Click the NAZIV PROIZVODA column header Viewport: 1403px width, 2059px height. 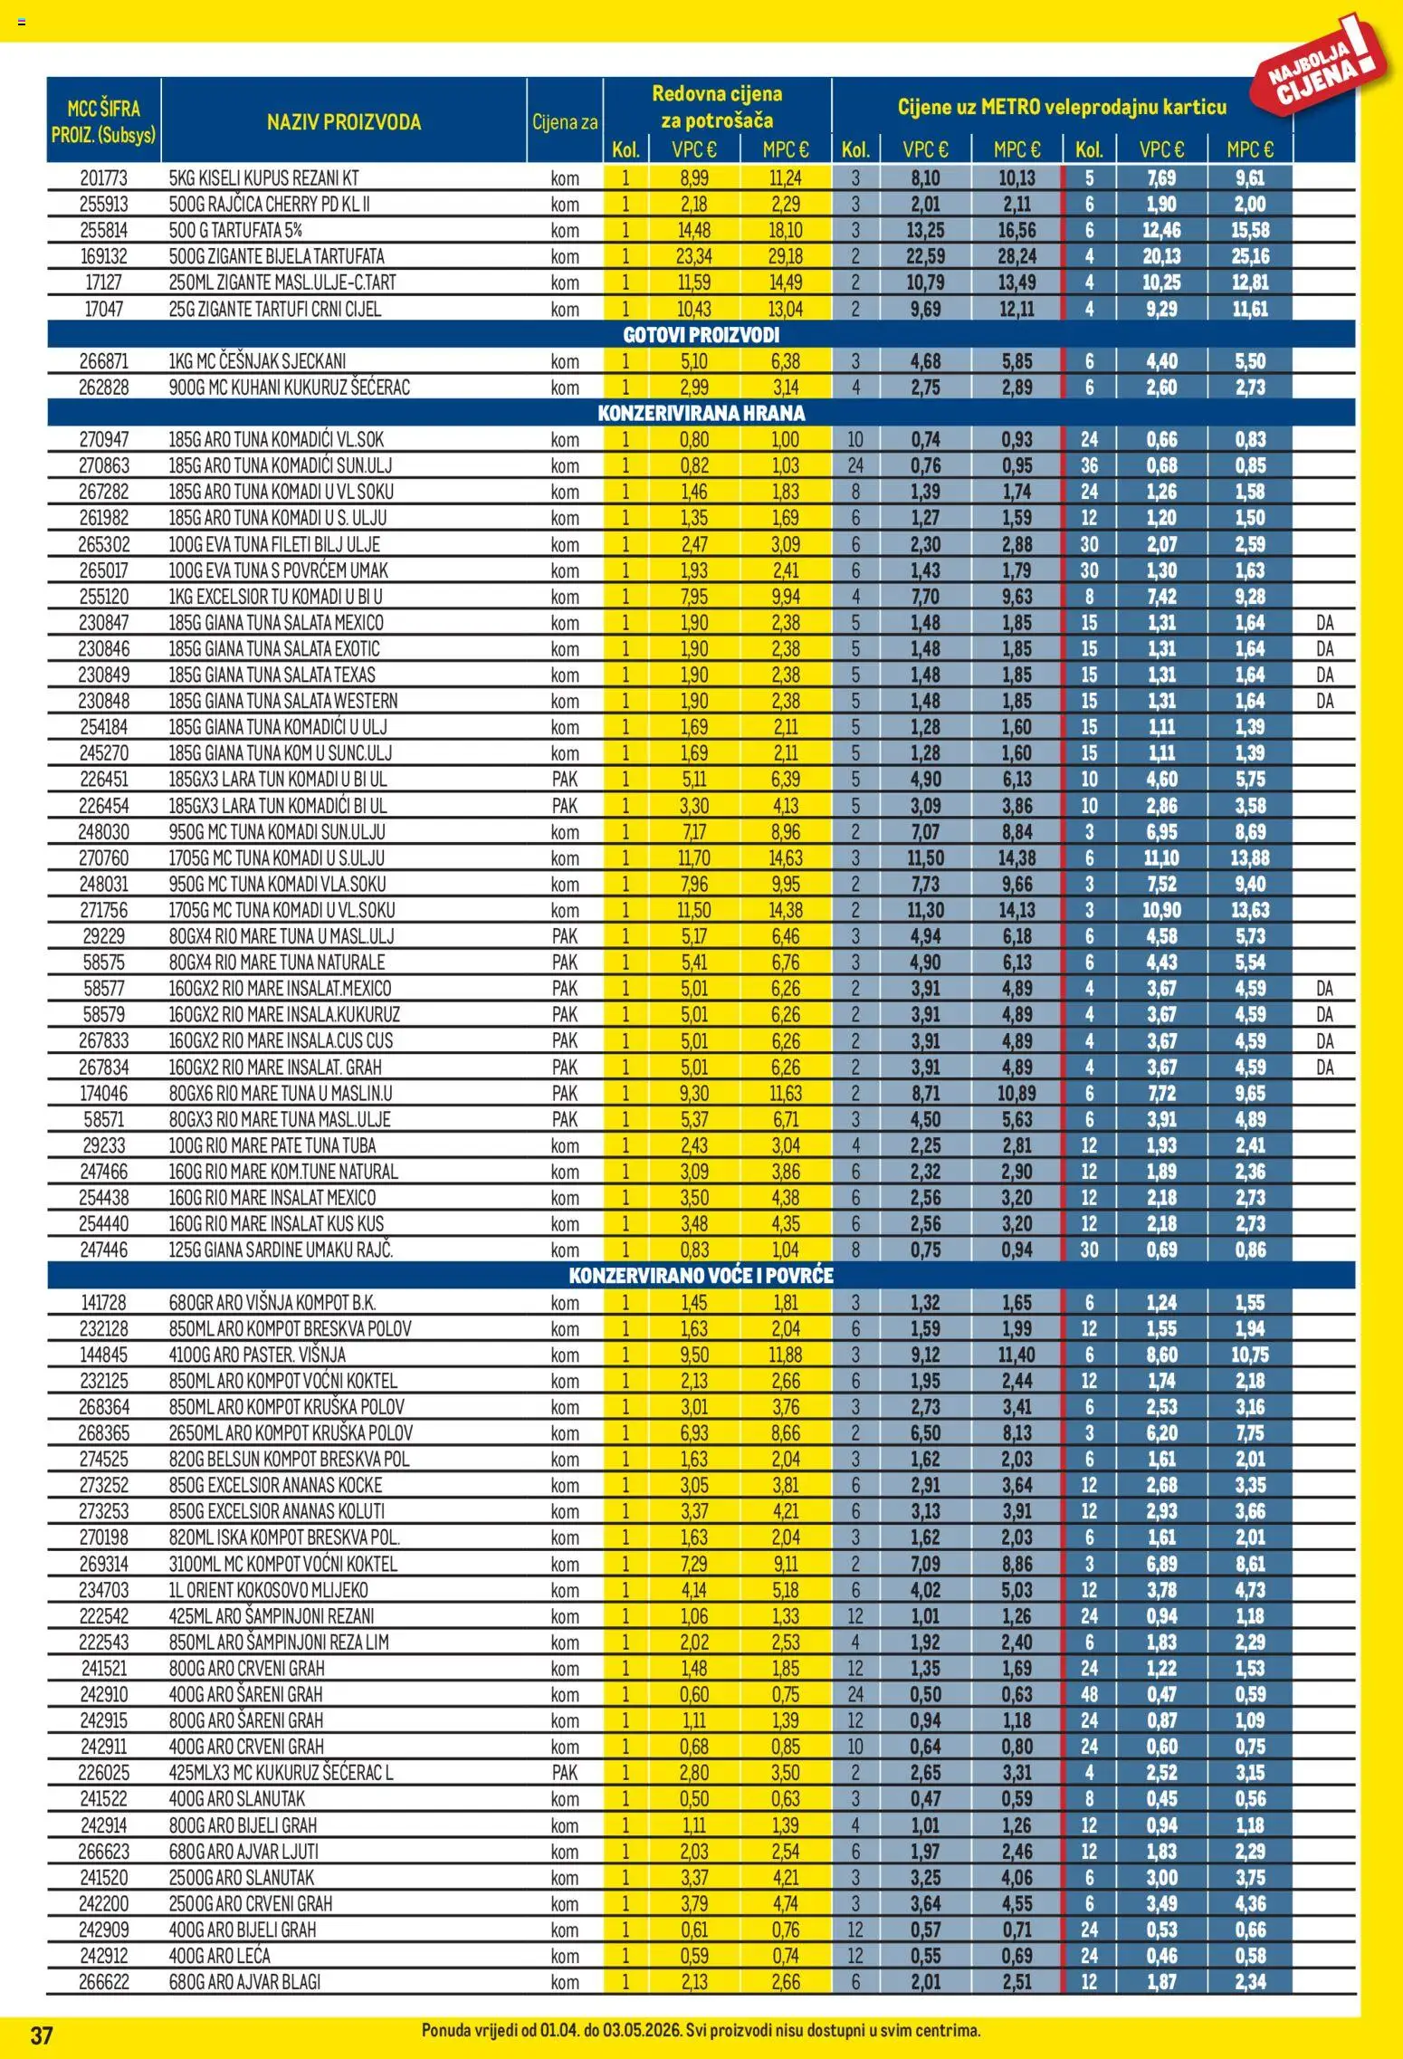(343, 122)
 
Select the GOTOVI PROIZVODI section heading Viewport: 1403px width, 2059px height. (701, 335)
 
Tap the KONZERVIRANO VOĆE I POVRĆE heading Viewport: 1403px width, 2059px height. (701, 1276)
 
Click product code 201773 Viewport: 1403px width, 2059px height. (104, 178)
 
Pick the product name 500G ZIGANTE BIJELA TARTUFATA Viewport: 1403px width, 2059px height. (276, 256)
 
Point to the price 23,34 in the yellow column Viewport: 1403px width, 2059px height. (694, 256)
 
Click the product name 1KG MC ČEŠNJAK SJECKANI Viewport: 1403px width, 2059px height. (257, 361)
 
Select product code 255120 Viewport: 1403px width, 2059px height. (104, 597)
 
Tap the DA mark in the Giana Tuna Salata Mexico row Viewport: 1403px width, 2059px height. (1325, 623)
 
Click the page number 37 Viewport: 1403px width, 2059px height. (42, 2036)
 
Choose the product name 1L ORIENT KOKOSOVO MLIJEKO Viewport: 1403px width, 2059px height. (268, 1590)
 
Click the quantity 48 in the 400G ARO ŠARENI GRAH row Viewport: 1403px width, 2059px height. (1089, 1694)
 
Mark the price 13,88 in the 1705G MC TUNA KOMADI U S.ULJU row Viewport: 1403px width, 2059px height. (1250, 857)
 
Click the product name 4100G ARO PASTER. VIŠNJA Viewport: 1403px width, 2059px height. (257, 1355)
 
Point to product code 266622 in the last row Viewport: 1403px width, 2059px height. (104, 1982)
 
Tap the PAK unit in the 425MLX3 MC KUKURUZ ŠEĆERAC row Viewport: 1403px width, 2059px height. (565, 1773)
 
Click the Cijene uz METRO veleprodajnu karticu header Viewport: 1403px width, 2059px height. (1062, 107)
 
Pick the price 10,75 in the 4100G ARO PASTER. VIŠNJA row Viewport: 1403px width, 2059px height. (1250, 1355)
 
